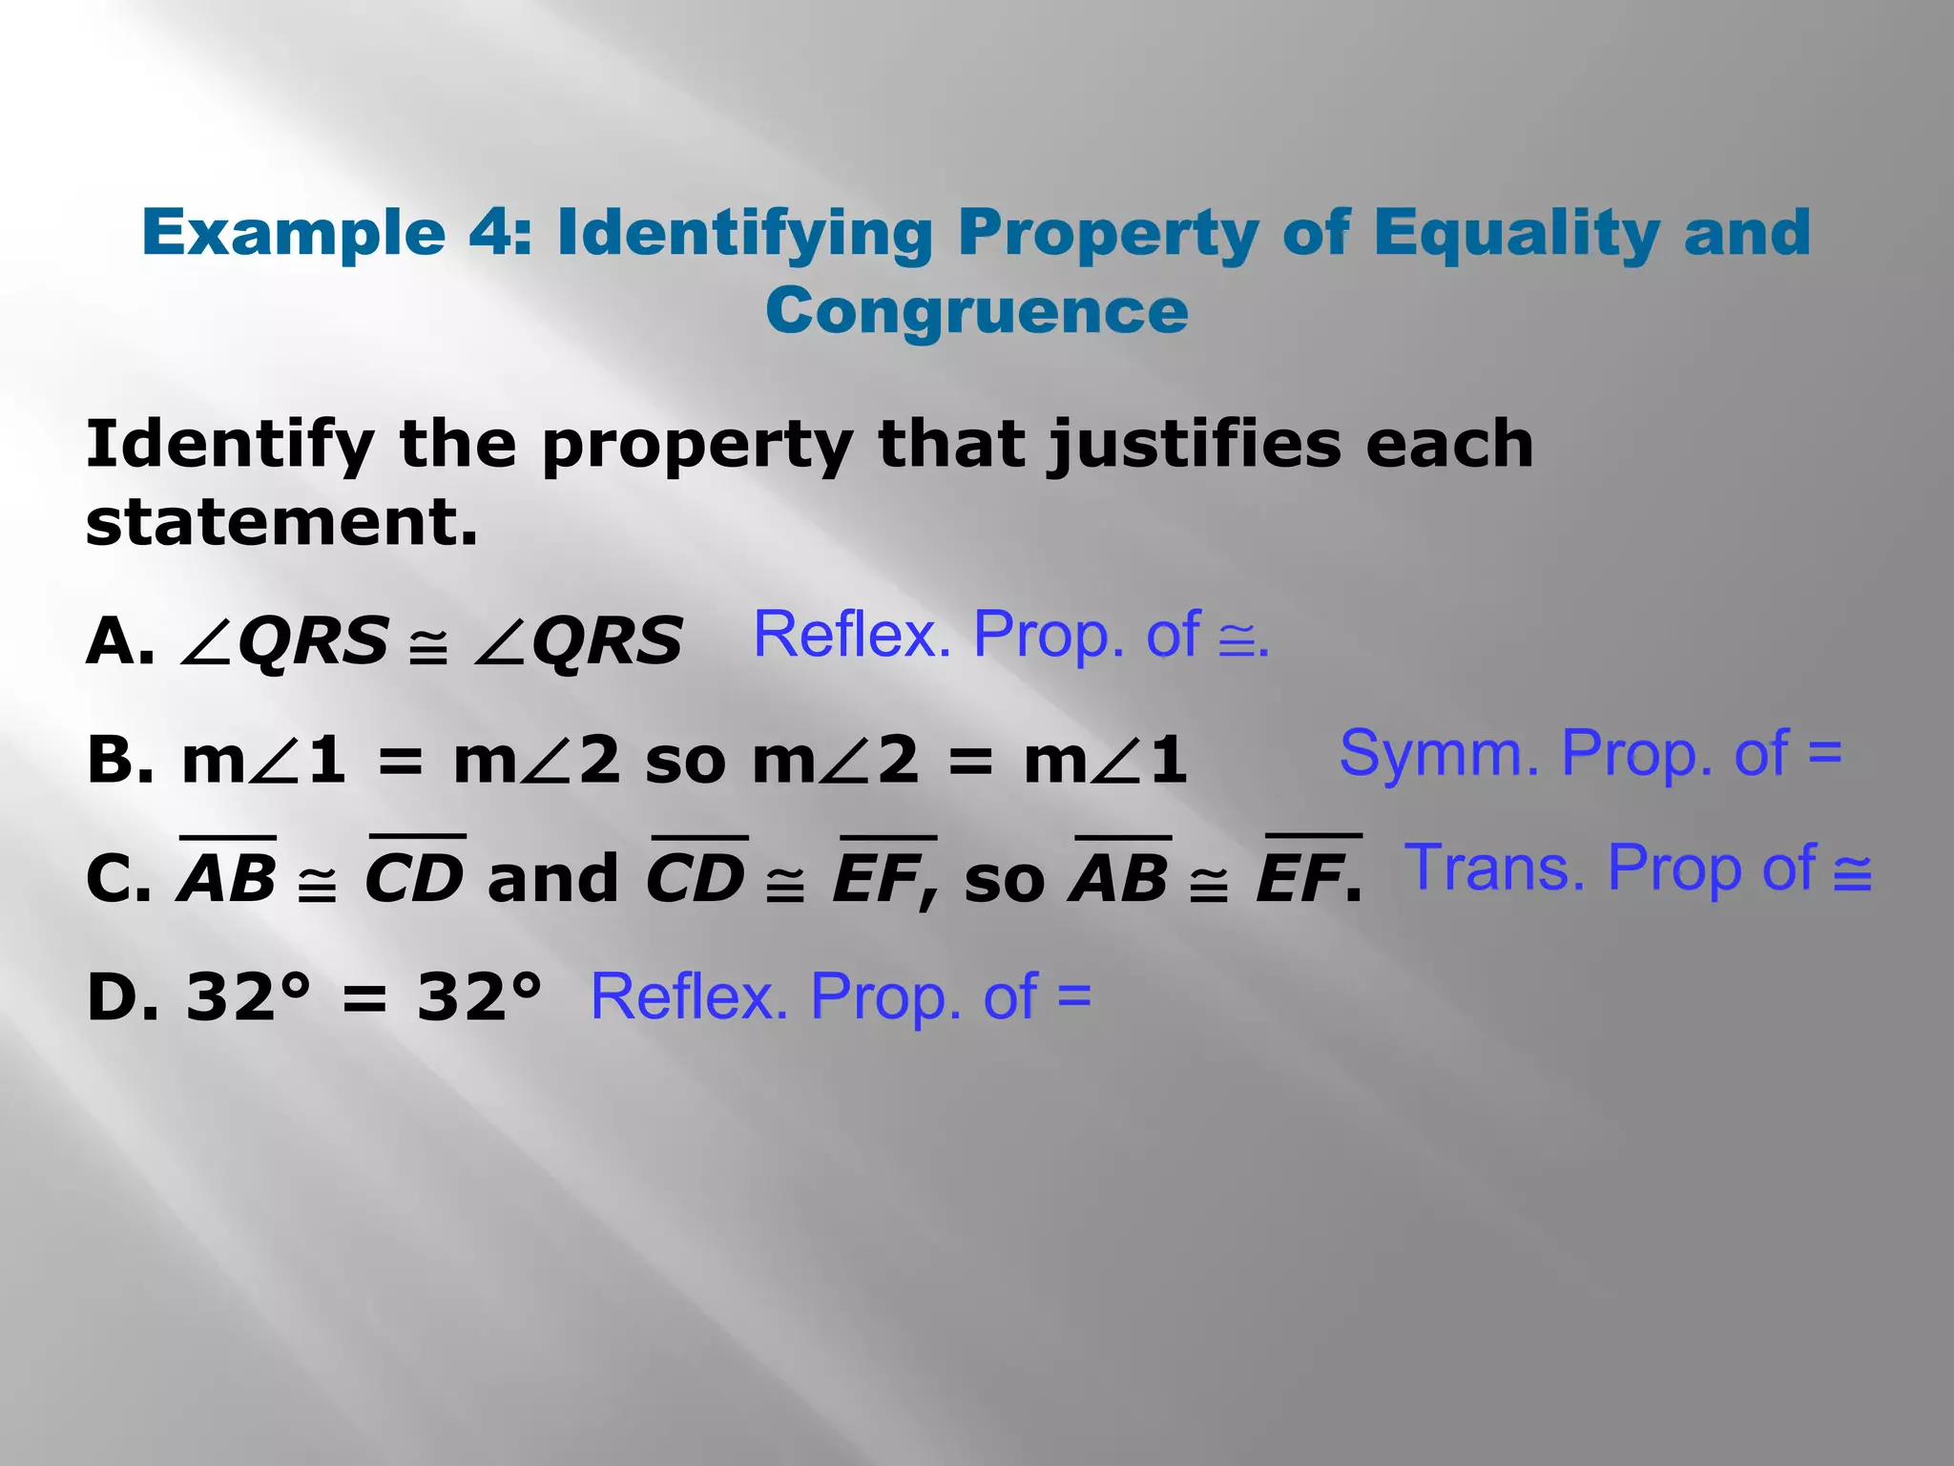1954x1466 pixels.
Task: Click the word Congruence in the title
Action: click(x=976, y=312)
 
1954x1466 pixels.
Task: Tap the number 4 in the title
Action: click(x=489, y=232)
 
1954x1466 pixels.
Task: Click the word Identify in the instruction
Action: click(x=229, y=445)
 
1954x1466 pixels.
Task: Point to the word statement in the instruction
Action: click(x=281, y=523)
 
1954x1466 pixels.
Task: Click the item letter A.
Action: click(x=118, y=640)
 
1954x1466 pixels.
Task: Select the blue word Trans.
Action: click(x=1494, y=868)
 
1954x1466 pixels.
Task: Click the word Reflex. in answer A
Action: click(x=852, y=635)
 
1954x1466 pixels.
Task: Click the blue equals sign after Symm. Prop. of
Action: click(x=1824, y=753)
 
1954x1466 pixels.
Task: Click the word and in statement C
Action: click(x=552, y=878)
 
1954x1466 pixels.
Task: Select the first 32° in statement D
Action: click(x=248, y=997)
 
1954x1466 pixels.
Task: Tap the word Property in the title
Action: click(x=1108, y=232)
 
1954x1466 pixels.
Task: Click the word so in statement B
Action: click(x=684, y=761)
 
